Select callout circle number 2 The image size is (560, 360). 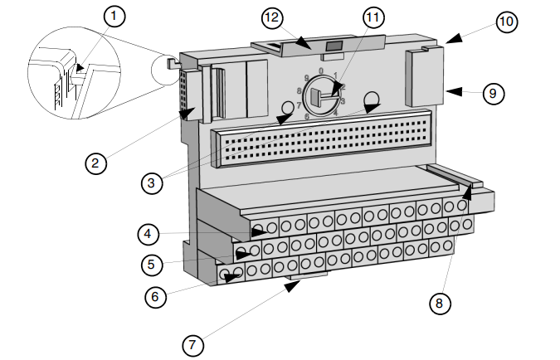(x=96, y=163)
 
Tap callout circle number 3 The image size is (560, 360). (x=151, y=183)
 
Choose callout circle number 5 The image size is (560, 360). (x=149, y=265)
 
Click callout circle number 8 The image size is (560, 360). (x=440, y=304)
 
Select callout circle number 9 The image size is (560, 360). (x=493, y=93)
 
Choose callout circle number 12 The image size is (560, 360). (x=273, y=17)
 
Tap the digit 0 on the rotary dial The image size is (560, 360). (x=321, y=71)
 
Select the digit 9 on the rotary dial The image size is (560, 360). (x=306, y=77)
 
